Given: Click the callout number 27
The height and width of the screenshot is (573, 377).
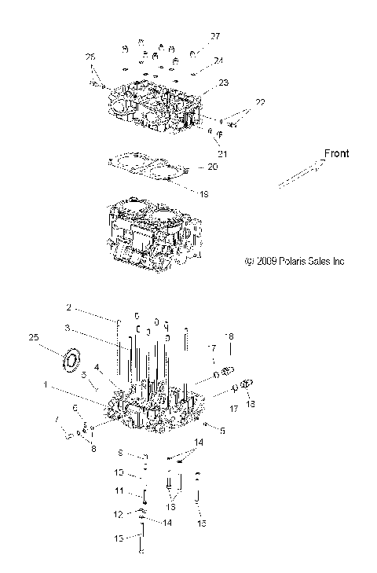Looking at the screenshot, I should (x=215, y=36).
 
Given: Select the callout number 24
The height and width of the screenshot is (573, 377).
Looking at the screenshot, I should (x=218, y=61).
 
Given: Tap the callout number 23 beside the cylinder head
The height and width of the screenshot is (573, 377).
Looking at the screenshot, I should (x=224, y=83).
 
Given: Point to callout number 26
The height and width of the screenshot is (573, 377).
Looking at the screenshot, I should (x=90, y=57).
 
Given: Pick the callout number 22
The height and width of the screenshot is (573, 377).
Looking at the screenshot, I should (x=260, y=103).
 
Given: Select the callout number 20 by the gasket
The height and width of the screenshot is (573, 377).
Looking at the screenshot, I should (x=212, y=167).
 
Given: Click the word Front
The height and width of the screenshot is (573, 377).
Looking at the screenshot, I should (x=335, y=153).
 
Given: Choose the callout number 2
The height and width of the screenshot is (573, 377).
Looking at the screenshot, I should (x=68, y=307).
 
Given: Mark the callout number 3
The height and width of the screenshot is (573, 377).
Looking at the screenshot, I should (x=68, y=328).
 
